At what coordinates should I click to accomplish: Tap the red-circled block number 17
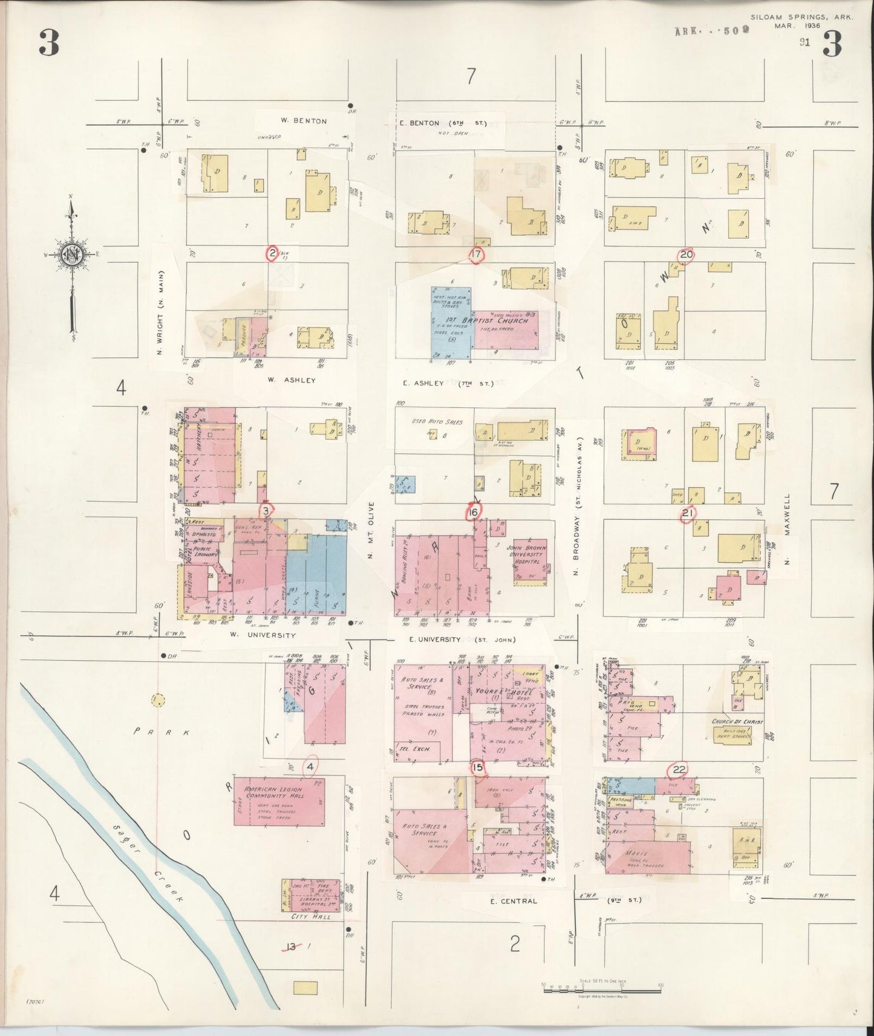coord(476,254)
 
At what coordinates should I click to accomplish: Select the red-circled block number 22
coord(679,769)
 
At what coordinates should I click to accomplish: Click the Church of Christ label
coord(737,722)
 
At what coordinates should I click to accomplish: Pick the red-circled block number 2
coord(273,253)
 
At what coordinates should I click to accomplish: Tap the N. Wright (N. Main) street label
coord(161,312)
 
